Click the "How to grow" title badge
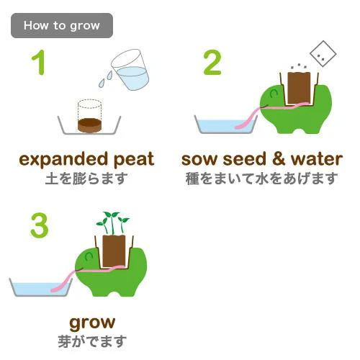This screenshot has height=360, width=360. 62,25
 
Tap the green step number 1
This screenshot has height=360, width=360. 39,63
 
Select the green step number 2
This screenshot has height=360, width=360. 212,63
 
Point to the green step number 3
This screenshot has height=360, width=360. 40,225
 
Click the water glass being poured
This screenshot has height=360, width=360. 131,70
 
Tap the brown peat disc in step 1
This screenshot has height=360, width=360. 89,125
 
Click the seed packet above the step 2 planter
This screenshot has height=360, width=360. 323,54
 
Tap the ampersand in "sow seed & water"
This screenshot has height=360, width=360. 279,159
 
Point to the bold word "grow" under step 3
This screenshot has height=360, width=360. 92,323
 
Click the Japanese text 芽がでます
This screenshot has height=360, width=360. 92,341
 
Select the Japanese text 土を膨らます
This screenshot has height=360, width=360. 86,179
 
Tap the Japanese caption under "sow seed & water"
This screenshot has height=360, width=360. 261,179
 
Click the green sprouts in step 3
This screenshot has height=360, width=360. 113,222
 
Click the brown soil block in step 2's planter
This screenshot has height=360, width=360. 299,89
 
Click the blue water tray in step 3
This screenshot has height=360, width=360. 41,287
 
